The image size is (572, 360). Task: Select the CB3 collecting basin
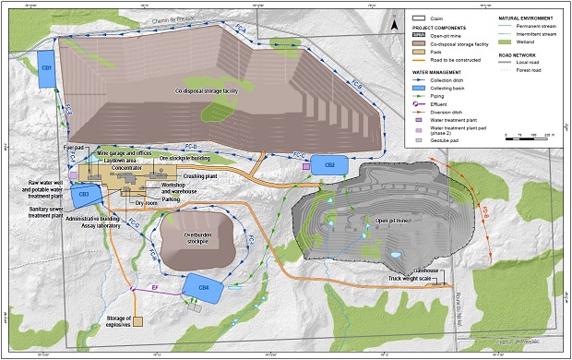point(82,194)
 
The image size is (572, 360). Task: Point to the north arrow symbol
point(394,26)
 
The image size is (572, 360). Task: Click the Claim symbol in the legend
point(416,17)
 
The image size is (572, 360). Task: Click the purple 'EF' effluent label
point(155,289)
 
